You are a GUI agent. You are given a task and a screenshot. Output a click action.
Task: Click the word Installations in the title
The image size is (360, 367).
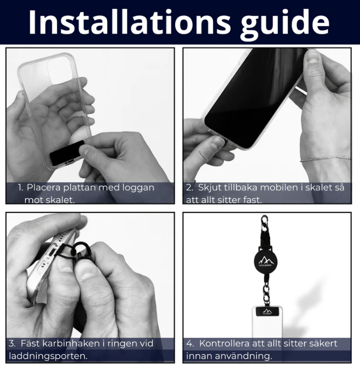click(130, 22)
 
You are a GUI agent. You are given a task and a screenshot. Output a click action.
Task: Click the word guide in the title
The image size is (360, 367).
click(285, 24)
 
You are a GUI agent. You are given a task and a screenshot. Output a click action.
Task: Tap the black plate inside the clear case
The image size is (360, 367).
click(67, 153)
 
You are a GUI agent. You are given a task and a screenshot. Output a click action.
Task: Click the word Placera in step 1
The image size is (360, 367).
click(44, 187)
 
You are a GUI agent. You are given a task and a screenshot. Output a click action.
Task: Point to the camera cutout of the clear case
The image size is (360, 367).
click(58, 69)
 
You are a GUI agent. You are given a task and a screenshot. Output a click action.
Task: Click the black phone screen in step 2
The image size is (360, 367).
click(254, 99)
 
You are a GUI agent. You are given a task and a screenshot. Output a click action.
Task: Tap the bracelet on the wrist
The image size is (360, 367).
click(326, 159)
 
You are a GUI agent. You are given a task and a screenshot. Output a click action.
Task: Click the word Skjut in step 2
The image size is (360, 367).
click(208, 188)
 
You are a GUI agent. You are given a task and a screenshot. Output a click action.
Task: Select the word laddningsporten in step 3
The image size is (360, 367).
click(48, 356)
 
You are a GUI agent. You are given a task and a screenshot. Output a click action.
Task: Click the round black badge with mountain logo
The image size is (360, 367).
click(265, 261)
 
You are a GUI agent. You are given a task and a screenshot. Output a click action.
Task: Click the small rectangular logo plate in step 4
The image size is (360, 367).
click(267, 312)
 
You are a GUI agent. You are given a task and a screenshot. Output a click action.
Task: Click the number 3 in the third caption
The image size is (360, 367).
click(12, 343)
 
